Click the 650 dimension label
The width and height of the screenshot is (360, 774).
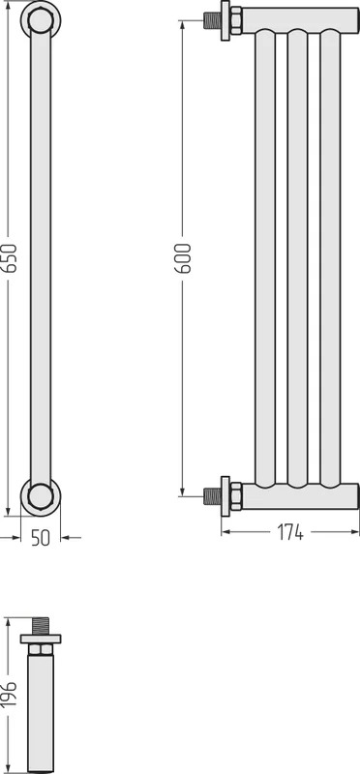tap(11, 258)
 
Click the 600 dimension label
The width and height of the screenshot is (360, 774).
tap(184, 258)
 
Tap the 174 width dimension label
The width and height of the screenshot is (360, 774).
tap(290, 533)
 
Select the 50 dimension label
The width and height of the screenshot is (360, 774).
tap(41, 538)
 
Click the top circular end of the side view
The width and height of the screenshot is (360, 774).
tap(41, 20)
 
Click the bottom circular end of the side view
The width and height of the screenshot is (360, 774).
tap(41, 496)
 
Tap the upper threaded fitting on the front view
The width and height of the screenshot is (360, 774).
tap(212, 20)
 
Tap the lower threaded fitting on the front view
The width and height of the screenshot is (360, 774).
tap(212, 496)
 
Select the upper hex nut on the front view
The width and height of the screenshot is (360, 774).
tap(236, 20)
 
